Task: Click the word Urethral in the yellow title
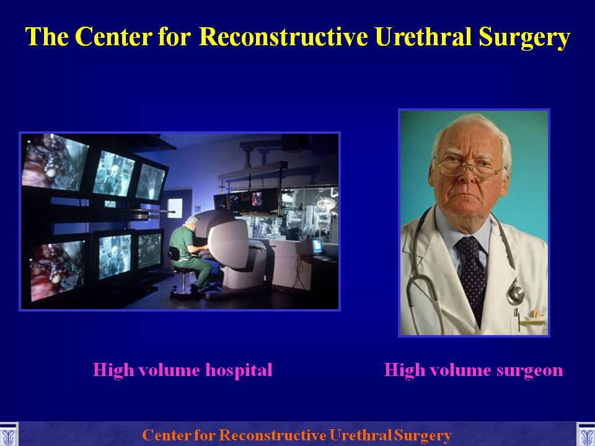click(x=423, y=37)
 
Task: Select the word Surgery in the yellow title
click(x=524, y=38)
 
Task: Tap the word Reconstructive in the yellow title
click(x=283, y=37)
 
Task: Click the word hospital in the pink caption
click(x=239, y=370)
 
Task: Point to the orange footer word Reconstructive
click(x=273, y=435)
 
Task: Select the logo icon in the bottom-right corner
click(x=586, y=435)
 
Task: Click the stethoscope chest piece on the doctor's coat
click(x=515, y=292)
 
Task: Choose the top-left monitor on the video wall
click(x=55, y=162)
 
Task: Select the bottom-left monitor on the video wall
click(x=58, y=270)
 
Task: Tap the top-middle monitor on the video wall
click(x=113, y=173)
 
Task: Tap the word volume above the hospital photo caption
click(x=169, y=370)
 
